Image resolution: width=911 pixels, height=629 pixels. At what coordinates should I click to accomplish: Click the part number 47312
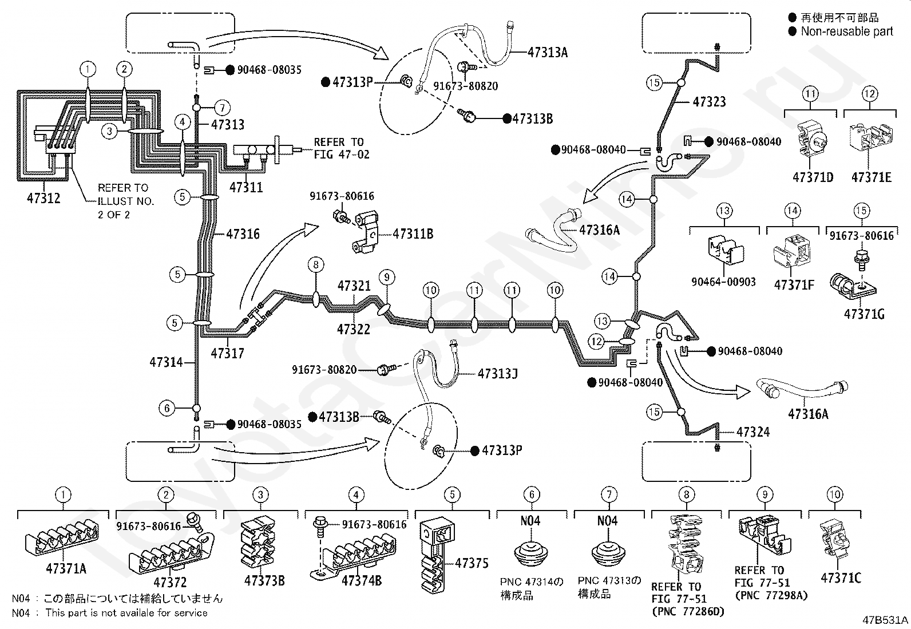click(43, 198)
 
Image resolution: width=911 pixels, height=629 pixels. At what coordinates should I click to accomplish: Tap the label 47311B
click(413, 234)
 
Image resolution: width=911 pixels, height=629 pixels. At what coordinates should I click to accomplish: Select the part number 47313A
click(548, 53)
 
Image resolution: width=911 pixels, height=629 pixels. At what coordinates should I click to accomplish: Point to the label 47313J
click(497, 374)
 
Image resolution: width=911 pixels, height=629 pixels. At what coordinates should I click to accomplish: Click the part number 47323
click(709, 102)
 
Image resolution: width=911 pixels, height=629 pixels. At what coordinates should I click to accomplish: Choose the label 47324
click(753, 432)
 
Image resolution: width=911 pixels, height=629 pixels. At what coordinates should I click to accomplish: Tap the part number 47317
click(227, 353)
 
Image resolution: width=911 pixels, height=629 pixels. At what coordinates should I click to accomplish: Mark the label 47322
click(354, 329)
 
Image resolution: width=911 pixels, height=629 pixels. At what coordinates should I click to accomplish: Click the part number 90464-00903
click(723, 282)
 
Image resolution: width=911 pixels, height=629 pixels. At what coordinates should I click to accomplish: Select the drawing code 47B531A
click(885, 620)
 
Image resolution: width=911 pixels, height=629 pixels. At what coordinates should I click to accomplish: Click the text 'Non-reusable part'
click(847, 31)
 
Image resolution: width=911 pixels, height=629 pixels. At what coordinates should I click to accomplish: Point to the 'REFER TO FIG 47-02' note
click(341, 148)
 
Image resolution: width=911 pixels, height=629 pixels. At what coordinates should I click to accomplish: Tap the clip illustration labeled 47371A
click(62, 538)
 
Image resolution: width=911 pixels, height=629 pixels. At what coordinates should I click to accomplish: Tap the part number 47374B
click(362, 580)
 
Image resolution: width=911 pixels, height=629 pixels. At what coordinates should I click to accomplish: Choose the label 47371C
click(841, 577)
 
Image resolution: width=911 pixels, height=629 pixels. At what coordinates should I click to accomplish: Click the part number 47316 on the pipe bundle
click(243, 234)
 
